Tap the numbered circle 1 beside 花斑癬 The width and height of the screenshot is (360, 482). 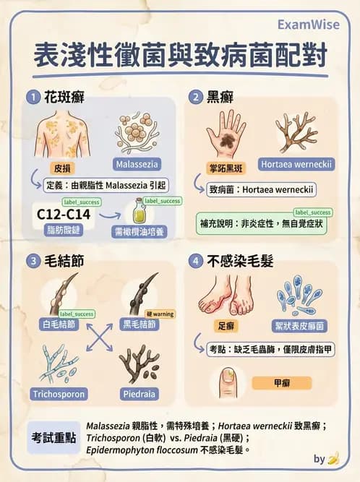pyautogui.click(x=32, y=96)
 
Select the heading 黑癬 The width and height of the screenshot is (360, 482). pyautogui.click(x=221, y=96)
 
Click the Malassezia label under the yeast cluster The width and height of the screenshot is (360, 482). pyautogui.click(x=135, y=164)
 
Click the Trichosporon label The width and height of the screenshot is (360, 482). pyautogui.click(x=59, y=394)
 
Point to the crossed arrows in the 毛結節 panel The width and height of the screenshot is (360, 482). pyautogui.click(x=100, y=338)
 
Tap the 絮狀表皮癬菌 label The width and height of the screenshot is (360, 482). pyautogui.click(x=302, y=324)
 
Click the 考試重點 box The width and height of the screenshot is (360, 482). pyautogui.click(x=53, y=438)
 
